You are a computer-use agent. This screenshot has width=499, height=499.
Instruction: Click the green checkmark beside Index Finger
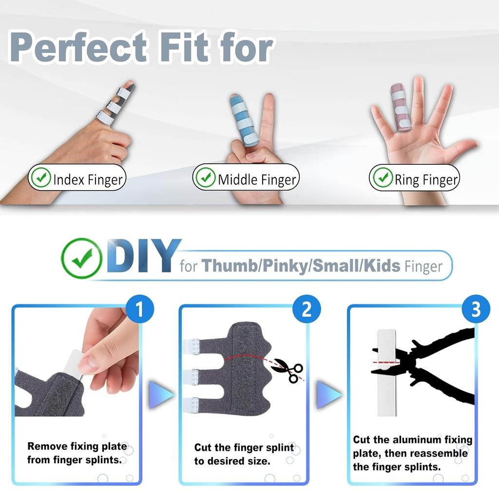click(x=40, y=178)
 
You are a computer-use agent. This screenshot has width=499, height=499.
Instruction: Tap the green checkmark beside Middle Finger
click(x=205, y=178)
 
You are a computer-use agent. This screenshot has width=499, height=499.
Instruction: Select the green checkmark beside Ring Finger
click(x=382, y=178)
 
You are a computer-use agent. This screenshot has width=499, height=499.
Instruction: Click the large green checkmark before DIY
click(x=81, y=258)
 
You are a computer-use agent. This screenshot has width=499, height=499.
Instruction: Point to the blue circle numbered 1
click(x=140, y=309)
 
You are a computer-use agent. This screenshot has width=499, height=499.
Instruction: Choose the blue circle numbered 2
click(x=307, y=309)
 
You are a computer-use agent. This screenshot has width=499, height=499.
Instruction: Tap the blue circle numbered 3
click(x=476, y=309)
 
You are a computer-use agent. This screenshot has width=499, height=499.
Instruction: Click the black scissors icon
click(x=288, y=370)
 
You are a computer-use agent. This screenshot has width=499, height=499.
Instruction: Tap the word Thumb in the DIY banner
click(x=230, y=266)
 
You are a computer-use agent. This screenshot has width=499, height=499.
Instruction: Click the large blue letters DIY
click(x=142, y=257)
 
